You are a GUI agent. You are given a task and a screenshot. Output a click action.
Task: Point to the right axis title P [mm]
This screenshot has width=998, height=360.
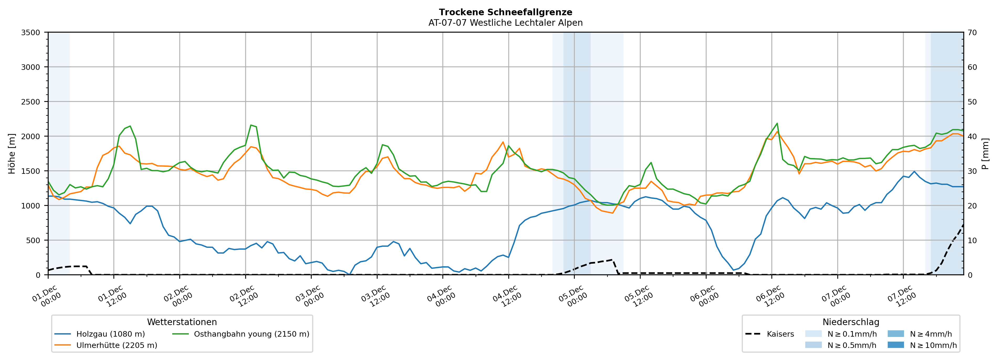tap(985, 153)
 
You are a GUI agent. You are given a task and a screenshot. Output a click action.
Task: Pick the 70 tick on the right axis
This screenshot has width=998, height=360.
tap(972, 33)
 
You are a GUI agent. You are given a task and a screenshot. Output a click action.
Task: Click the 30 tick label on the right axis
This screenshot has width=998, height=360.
tap(972, 171)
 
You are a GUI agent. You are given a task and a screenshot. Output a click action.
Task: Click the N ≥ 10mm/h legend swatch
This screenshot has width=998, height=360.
tap(895, 345)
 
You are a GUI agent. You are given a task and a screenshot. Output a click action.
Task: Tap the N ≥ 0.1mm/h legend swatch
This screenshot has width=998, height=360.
tap(813, 334)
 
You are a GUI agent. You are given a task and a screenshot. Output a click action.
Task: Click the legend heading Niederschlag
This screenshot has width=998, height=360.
tap(851, 322)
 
